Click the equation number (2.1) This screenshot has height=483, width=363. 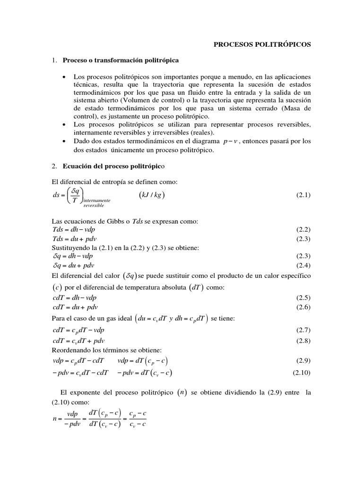click(303, 195)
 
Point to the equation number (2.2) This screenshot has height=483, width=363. click(303, 230)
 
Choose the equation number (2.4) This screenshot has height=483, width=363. click(303, 265)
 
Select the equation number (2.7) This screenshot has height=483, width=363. click(303, 331)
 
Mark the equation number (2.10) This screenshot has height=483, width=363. click(302, 373)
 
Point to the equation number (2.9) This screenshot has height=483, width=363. click(303, 361)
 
